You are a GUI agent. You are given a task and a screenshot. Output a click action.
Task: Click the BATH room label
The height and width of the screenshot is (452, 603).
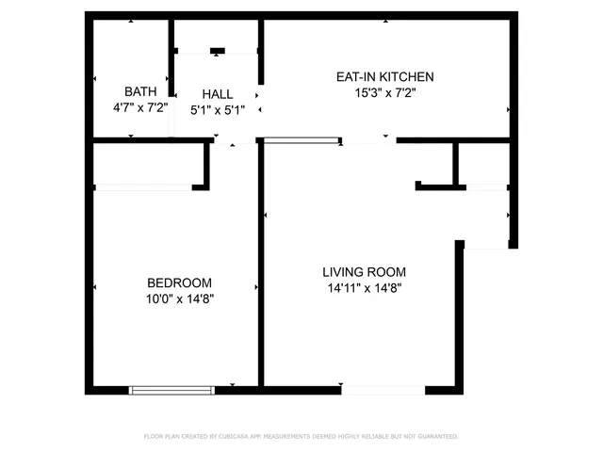(140, 91)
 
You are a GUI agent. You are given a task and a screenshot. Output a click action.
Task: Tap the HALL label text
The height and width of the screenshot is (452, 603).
(217, 94)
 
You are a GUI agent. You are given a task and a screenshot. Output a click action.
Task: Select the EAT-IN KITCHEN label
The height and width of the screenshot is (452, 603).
(385, 77)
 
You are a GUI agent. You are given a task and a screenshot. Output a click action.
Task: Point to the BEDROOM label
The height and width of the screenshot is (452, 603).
(179, 282)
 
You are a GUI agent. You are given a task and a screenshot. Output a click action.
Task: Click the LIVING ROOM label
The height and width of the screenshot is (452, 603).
(364, 272)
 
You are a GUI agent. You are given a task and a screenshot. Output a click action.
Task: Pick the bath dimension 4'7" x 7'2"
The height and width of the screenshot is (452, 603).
(140, 108)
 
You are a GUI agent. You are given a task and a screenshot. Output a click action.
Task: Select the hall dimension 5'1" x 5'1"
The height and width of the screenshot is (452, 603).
(217, 110)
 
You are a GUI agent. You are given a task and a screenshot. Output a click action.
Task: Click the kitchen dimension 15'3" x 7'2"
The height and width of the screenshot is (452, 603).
(385, 93)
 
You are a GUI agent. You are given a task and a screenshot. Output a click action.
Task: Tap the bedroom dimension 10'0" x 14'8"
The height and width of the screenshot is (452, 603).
(179, 299)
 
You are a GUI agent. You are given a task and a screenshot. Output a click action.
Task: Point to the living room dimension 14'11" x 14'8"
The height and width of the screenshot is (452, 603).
(364, 289)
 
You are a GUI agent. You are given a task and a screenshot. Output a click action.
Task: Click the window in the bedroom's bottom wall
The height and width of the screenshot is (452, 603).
(171, 389)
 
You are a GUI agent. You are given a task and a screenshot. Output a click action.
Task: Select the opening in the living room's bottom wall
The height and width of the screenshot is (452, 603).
(383, 389)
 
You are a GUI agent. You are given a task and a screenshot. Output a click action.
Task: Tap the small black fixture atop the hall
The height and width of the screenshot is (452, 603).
(218, 51)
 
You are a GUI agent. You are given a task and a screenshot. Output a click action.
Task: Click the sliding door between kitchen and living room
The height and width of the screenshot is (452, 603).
(301, 141)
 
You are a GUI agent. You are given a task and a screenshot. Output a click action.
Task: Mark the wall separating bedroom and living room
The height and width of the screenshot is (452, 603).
(260, 273)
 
